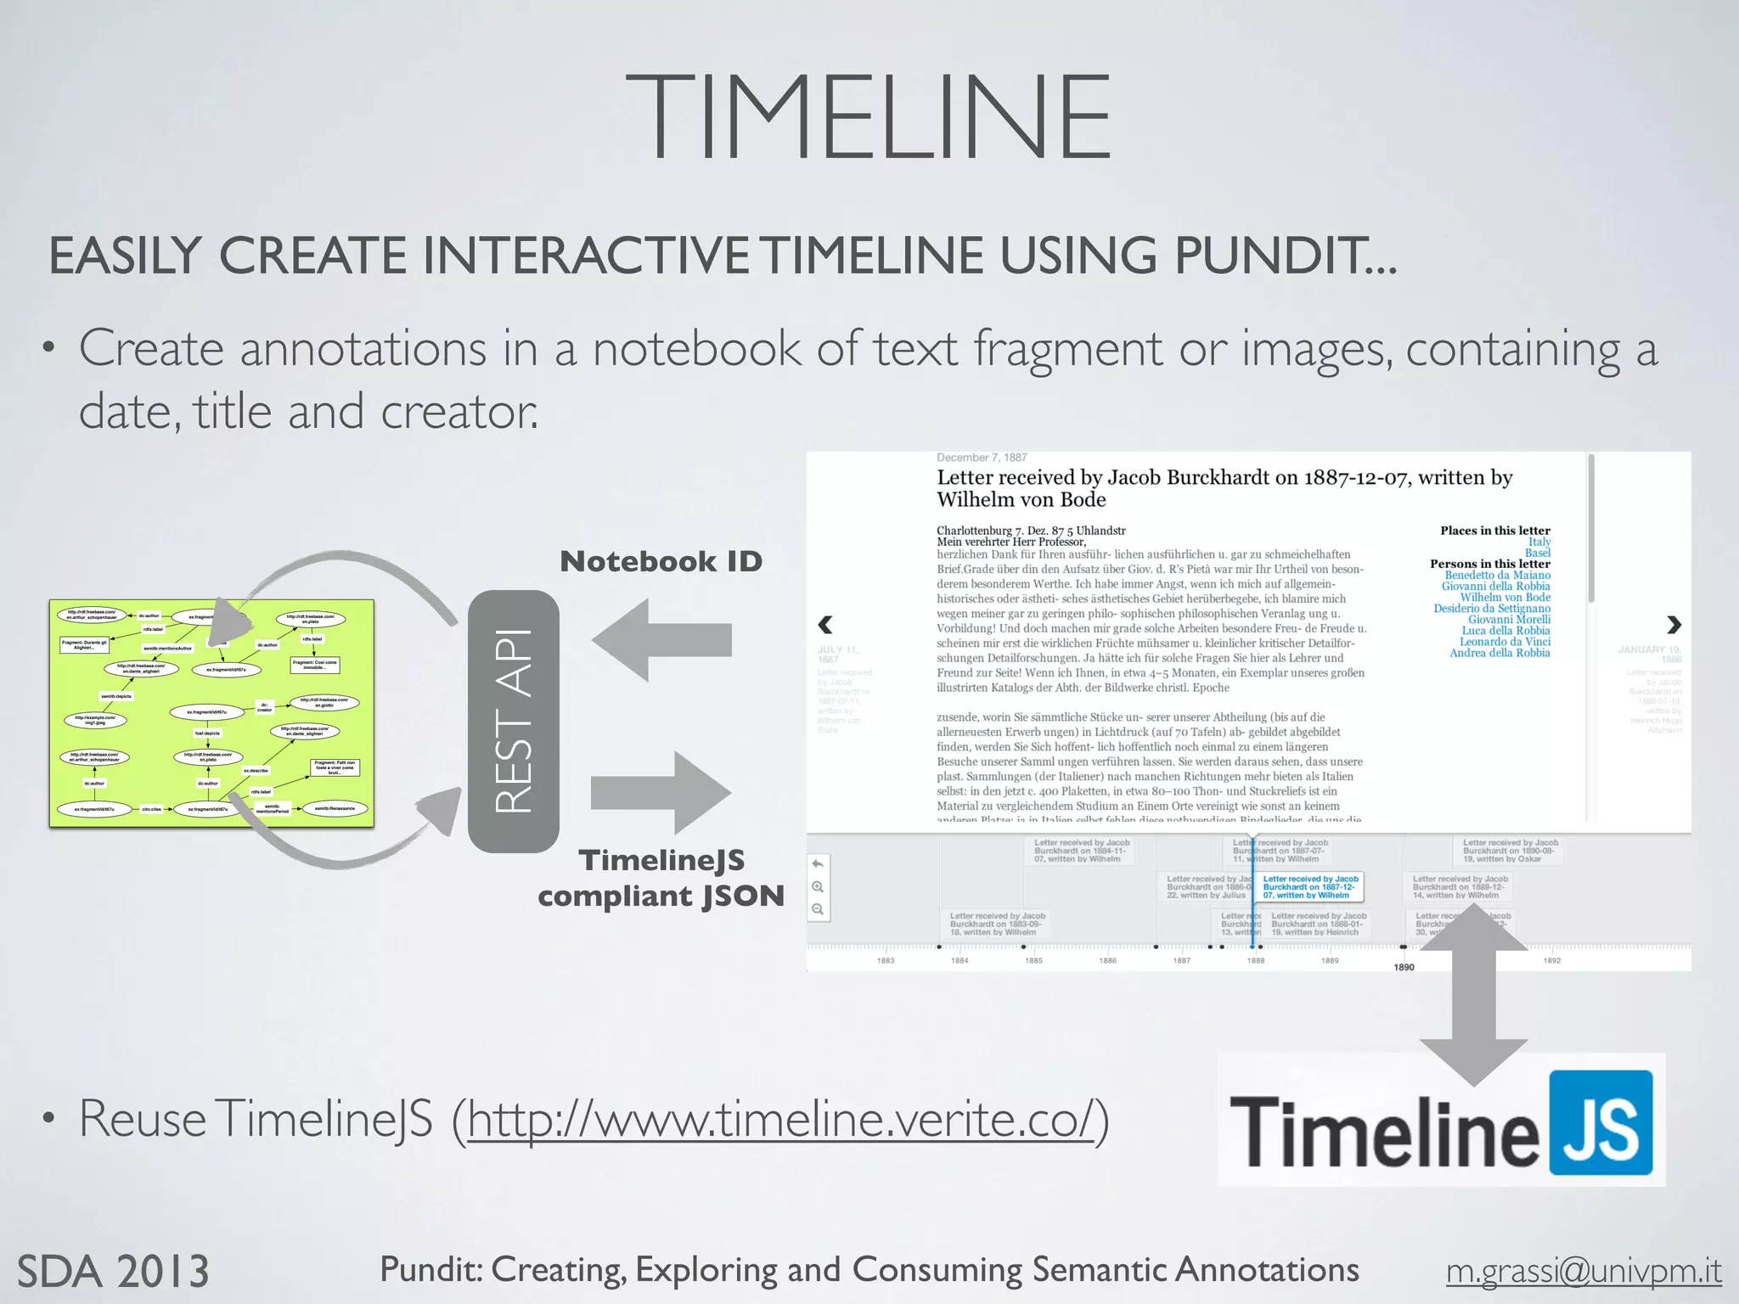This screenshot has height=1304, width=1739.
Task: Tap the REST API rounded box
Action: pyautogui.click(x=513, y=721)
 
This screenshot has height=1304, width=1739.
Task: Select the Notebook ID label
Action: pyautogui.click(x=661, y=561)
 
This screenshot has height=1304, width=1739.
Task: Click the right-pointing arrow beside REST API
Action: pyautogui.click(x=661, y=792)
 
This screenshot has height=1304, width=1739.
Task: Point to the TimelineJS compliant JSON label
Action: pyautogui.click(x=661, y=878)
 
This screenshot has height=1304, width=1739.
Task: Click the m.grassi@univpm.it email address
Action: pyautogui.click(x=1584, y=1271)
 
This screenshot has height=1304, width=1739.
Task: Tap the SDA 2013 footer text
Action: pyautogui.click(x=113, y=1271)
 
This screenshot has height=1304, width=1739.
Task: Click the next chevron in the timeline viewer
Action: pyautogui.click(x=1674, y=625)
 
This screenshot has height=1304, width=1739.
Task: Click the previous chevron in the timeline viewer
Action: pyautogui.click(x=824, y=625)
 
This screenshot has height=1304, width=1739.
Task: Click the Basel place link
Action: pyautogui.click(x=1538, y=553)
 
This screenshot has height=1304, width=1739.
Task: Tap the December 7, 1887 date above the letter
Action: pyautogui.click(x=982, y=458)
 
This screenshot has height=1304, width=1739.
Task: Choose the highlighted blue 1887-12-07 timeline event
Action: pyautogui.click(x=1310, y=887)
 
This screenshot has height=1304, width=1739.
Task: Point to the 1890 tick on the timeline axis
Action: pyautogui.click(x=1404, y=967)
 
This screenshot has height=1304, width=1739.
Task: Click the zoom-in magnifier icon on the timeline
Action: pyautogui.click(x=818, y=887)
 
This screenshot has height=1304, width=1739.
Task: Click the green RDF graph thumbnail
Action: pyautogui.click(x=211, y=713)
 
